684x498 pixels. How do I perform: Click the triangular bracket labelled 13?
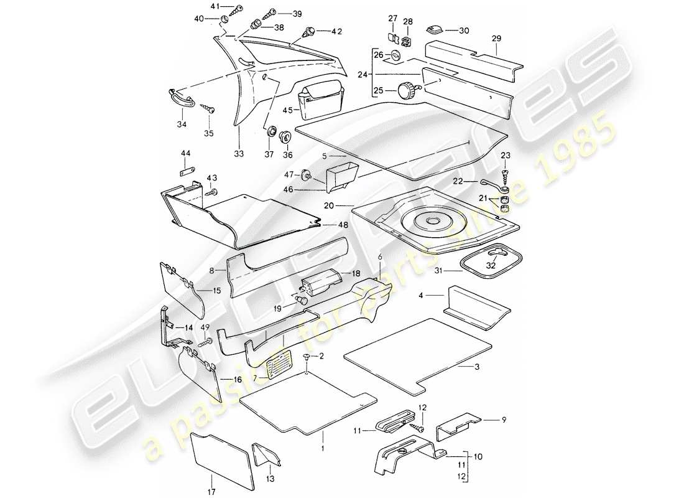pyautogui.click(x=267, y=454)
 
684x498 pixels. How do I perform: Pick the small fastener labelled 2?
pyautogui.click(x=309, y=357)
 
